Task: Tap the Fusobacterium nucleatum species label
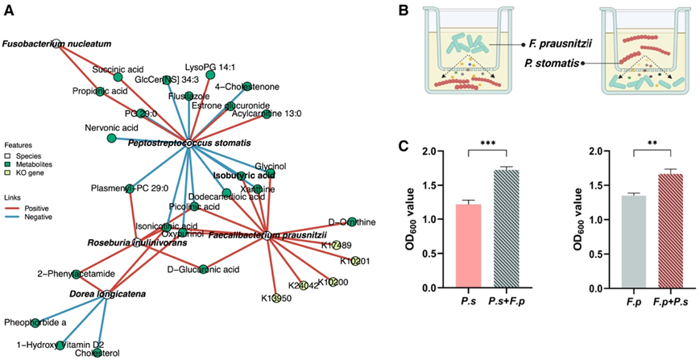[56, 43]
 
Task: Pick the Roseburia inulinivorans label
[137, 242]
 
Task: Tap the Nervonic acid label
[111, 128]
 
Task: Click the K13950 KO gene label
[276, 299]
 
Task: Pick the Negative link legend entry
[35, 217]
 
